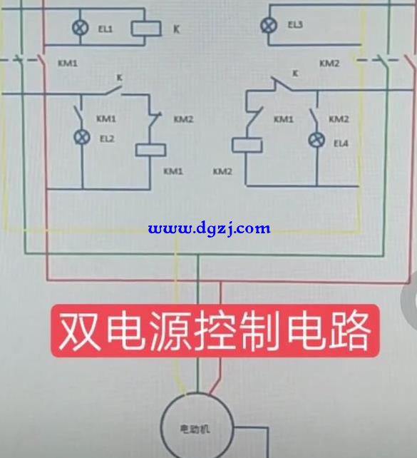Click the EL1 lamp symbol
coord(81,28)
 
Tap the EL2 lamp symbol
coord(82,137)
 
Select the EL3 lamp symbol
coord(269,26)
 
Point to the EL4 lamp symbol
coord(316,141)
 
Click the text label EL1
coord(105,29)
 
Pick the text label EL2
coord(107,138)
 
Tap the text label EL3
coord(295,24)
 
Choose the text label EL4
coord(341,143)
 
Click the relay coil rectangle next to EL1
coord(146,29)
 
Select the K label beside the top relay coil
coord(176,29)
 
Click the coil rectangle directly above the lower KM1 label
coord(150,150)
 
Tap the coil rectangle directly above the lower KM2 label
coord(247,145)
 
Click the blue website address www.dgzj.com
coord(209,228)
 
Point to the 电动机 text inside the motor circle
coord(195,429)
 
